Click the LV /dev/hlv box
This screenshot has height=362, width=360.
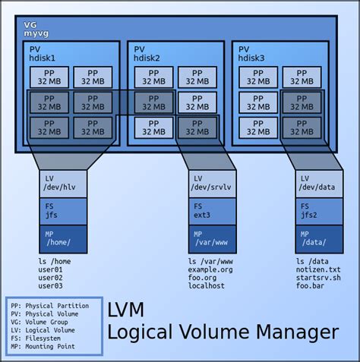click(63, 183)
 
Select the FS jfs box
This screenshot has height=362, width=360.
click(63, 210)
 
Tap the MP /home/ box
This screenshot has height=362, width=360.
click(63, 238)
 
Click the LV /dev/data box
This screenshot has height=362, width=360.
click(317, 183)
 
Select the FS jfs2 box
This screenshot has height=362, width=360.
click(317, 210)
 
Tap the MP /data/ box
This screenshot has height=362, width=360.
click(317, 238)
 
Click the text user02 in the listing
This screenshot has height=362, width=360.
click(49, 278)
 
